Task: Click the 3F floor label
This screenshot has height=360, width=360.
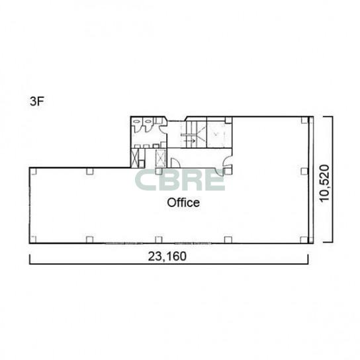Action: tap(37, 101)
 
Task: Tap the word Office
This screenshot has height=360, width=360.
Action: tap(183, 202)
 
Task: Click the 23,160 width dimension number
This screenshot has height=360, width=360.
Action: tap(167, 256)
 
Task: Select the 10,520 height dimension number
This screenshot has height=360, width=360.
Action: tap(325, 183)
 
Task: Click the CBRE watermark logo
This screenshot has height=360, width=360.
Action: tap(179, 180)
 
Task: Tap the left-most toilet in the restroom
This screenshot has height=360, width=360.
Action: tap(137, 122)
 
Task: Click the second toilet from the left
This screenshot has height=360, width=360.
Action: tap(148, 122)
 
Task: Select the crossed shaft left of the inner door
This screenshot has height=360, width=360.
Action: tap(161, 158)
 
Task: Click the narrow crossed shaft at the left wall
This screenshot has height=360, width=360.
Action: tap(135, 158)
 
